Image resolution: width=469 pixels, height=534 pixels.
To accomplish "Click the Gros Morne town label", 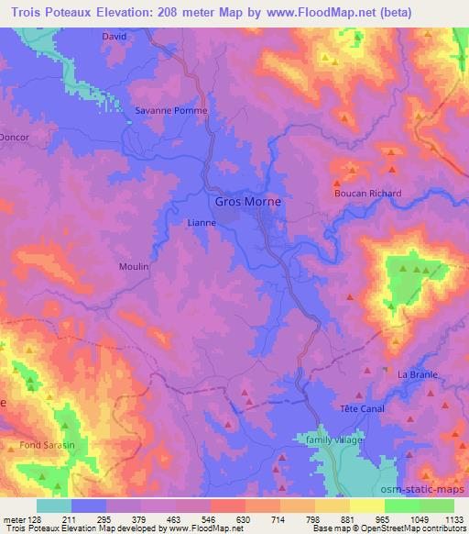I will [x=247, y=202].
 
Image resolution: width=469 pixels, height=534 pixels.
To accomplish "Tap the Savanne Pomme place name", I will [x=171, y=110].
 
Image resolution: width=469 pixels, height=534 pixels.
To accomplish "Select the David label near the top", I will [x=114, y=37].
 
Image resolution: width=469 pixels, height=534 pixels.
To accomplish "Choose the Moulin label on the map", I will [x=134, y=266].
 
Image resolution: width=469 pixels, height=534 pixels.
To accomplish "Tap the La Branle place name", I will [x=418, y=374].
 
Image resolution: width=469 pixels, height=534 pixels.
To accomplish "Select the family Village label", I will [x=334, y=440].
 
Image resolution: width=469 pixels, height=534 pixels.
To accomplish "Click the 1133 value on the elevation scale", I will [x=452, y=517].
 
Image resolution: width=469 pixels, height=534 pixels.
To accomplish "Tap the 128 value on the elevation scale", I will [x=36, y=517].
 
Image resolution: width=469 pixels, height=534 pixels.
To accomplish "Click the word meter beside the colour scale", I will [x=14, y=517].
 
